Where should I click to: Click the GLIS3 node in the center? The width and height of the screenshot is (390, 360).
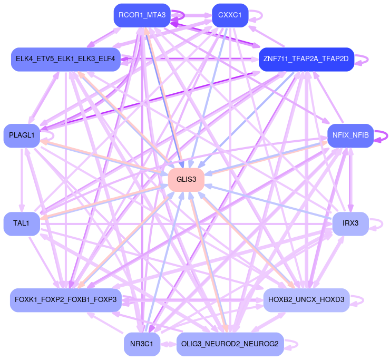(186, 180)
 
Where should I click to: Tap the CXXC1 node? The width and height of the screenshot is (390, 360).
(230, 15)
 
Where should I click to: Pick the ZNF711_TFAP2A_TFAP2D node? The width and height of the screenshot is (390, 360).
(306, 59)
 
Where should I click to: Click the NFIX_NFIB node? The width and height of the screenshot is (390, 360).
(350, 136)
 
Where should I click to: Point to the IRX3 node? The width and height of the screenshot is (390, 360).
(350, 223)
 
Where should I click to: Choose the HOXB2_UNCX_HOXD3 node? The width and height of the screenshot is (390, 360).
(306, 300)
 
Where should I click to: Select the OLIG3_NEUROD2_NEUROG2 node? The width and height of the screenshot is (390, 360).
(230, 344)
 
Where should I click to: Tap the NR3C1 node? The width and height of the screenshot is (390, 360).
(142, 344)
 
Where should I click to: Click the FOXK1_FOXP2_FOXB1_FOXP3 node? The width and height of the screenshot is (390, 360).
(66, 300)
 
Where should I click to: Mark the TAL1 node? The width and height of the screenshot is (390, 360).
(22, 223)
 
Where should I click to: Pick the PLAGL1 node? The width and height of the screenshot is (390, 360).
(22, 136)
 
